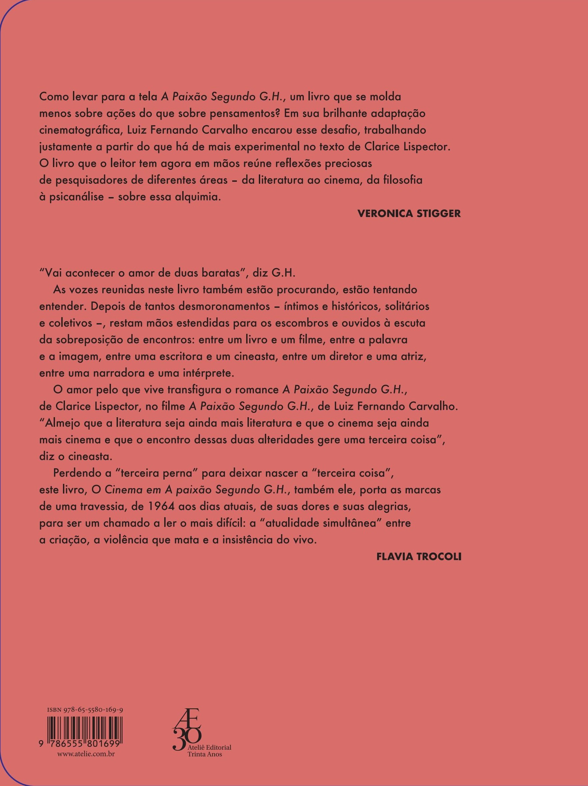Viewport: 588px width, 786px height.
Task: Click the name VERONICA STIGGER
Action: [409, 213]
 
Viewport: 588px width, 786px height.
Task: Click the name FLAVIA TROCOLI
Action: [419, 557]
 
